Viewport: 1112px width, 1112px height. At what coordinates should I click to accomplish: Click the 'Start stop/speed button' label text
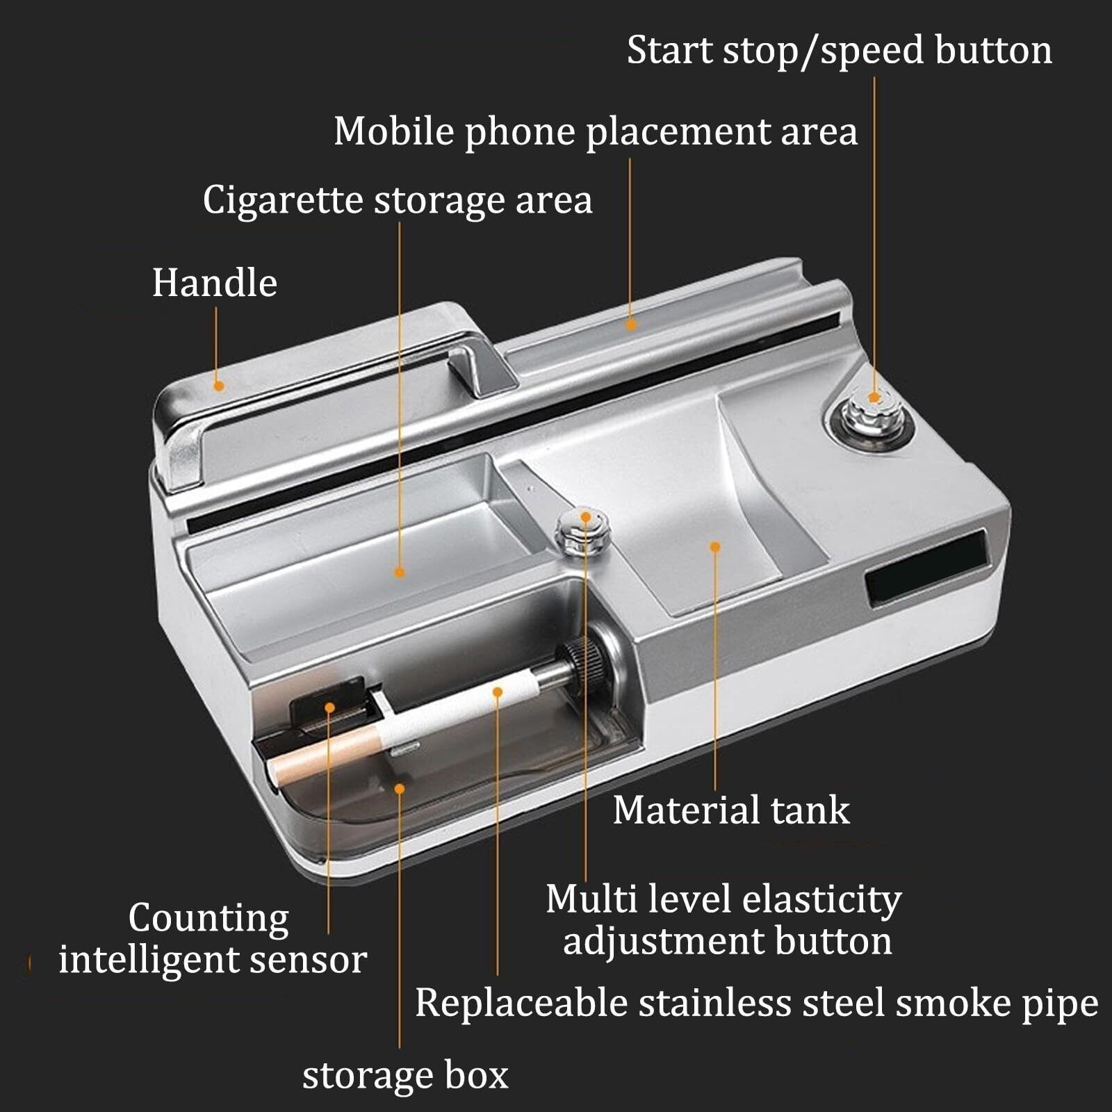pos(840,51)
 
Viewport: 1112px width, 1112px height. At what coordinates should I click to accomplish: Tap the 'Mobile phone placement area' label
pos(596,131)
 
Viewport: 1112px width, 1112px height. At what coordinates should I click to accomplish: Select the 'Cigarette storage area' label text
pos(398,200)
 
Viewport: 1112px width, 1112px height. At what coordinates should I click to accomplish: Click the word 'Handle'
pos(215,283)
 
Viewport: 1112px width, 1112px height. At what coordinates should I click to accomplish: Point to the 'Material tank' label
pos(731,810)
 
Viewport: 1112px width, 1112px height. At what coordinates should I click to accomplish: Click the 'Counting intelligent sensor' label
pos(212,939)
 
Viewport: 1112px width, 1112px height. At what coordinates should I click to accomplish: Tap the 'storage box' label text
pos(405,1075)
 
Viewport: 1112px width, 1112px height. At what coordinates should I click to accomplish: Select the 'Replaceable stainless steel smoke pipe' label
pos(756,1003)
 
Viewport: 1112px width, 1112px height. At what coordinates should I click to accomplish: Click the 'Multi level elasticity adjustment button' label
pos(724,919)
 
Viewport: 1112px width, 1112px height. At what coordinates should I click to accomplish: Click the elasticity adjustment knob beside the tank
pos(584,532)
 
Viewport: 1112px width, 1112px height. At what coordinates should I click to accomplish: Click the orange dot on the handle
pos(219,385)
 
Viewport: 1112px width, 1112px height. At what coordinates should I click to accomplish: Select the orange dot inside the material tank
pos(714,547)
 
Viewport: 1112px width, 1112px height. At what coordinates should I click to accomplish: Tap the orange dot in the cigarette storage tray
pos(399,572)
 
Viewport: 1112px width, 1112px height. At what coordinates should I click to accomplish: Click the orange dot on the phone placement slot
pos(631,324)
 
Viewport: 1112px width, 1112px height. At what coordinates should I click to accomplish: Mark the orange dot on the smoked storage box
pos(399,788)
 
